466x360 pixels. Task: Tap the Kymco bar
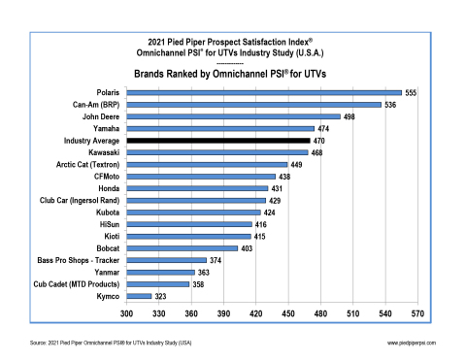[139, 295]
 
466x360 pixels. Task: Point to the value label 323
[161, 295]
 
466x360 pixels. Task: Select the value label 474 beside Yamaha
[325, 128]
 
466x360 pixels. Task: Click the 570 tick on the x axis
[417, 314]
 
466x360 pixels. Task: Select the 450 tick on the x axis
[288, 314]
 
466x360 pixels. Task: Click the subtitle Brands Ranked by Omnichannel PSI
[232, 72]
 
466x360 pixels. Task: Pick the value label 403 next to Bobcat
[248, 248]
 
